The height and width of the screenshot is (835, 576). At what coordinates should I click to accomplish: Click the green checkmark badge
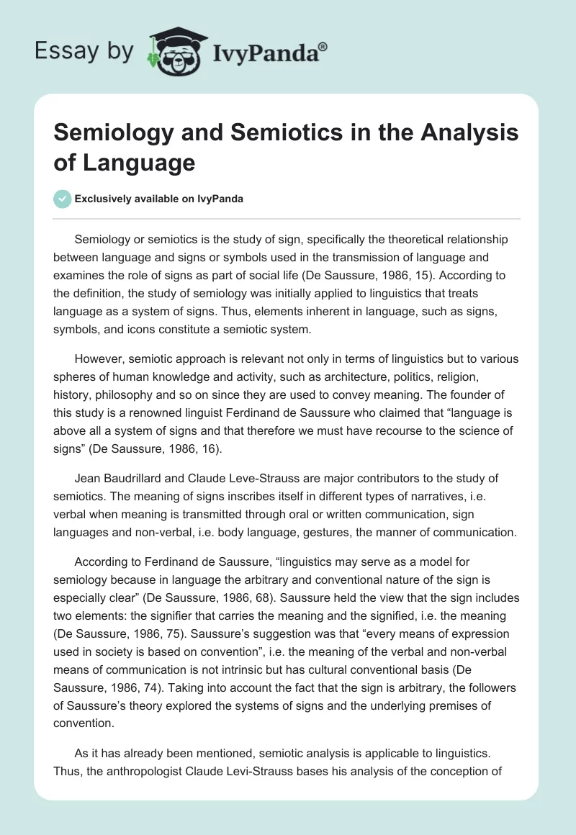click(x=63, y=199)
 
